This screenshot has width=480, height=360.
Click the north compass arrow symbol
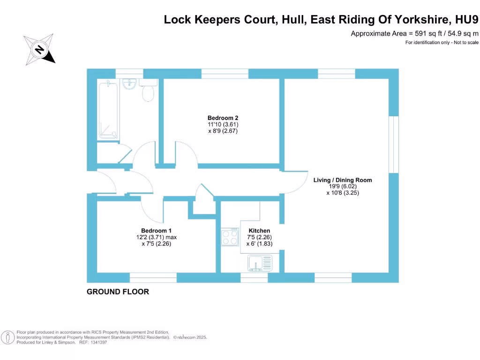(39, 49)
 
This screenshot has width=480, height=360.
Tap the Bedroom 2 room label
(220, 118)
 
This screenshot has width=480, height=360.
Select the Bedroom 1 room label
(156, 231)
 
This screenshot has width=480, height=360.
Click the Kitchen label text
(259, 231)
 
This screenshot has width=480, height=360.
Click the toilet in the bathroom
(148, 92)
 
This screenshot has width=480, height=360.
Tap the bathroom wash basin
(129, 84)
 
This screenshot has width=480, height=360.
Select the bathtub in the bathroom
(108, 110)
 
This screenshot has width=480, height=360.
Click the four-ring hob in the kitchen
(230, 237)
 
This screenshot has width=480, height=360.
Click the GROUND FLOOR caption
(118, 292)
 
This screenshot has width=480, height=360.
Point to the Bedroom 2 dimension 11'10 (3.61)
(220, 125)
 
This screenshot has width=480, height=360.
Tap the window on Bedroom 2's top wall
(225, 74)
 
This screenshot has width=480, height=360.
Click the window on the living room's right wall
(394, 144)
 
